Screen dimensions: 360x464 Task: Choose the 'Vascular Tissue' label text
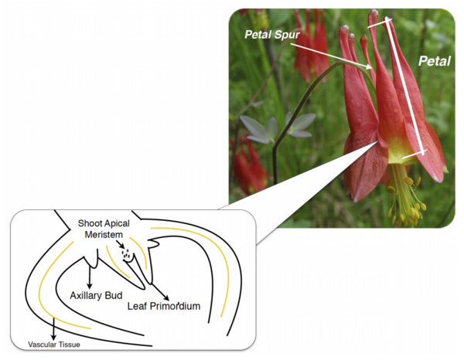52,344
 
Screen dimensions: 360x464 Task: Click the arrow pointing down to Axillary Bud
90,278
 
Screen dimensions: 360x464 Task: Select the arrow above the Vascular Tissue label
53,329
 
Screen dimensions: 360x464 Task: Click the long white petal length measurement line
402,87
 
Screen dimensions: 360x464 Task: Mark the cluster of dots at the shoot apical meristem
125,253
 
